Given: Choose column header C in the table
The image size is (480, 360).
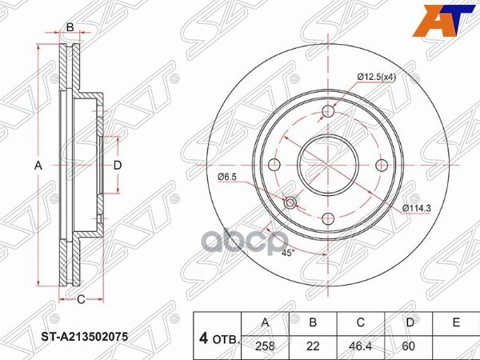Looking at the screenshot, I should point(360,322).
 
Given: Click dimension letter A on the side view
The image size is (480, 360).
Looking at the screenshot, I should point(38,166).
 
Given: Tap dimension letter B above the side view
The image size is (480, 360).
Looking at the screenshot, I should point(70,28).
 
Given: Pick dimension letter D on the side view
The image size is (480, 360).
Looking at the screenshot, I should point(117,165).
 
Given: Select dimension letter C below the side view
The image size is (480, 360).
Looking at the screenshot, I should point(80,301).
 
